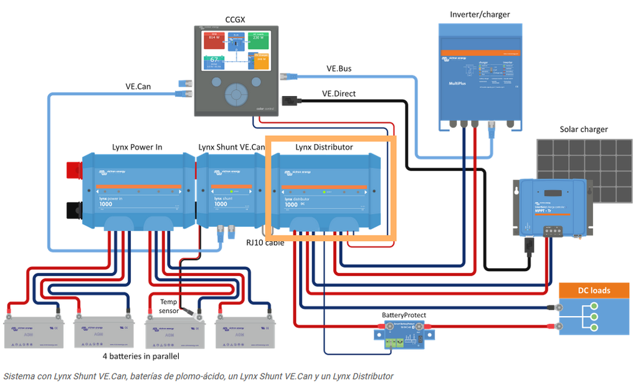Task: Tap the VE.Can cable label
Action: (x=138, y=86)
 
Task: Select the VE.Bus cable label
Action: (x=339, y=69)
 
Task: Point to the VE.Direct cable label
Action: (x=339, y=94)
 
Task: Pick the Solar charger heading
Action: (x=584, y=129)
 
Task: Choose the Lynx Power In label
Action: (x=137, y=147)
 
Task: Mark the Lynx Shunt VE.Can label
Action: (x=232, y=147)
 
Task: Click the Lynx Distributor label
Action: (x=324, y=147)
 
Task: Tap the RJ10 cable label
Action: (x=265, y=242)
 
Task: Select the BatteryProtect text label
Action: (x=404, y=315)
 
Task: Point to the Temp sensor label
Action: (x=169, y=305)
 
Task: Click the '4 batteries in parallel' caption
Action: (x=141, y=356)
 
